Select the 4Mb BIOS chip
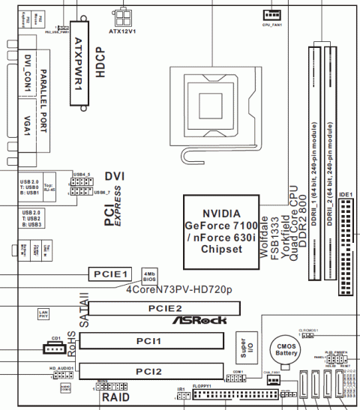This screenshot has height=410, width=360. click(149, 274)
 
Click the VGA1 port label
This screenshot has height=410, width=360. click(27, 127)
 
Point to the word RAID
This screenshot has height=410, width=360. click(117, 397)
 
